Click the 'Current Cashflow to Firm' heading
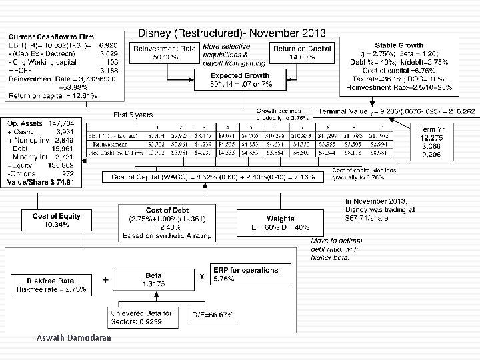coord(44,34)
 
